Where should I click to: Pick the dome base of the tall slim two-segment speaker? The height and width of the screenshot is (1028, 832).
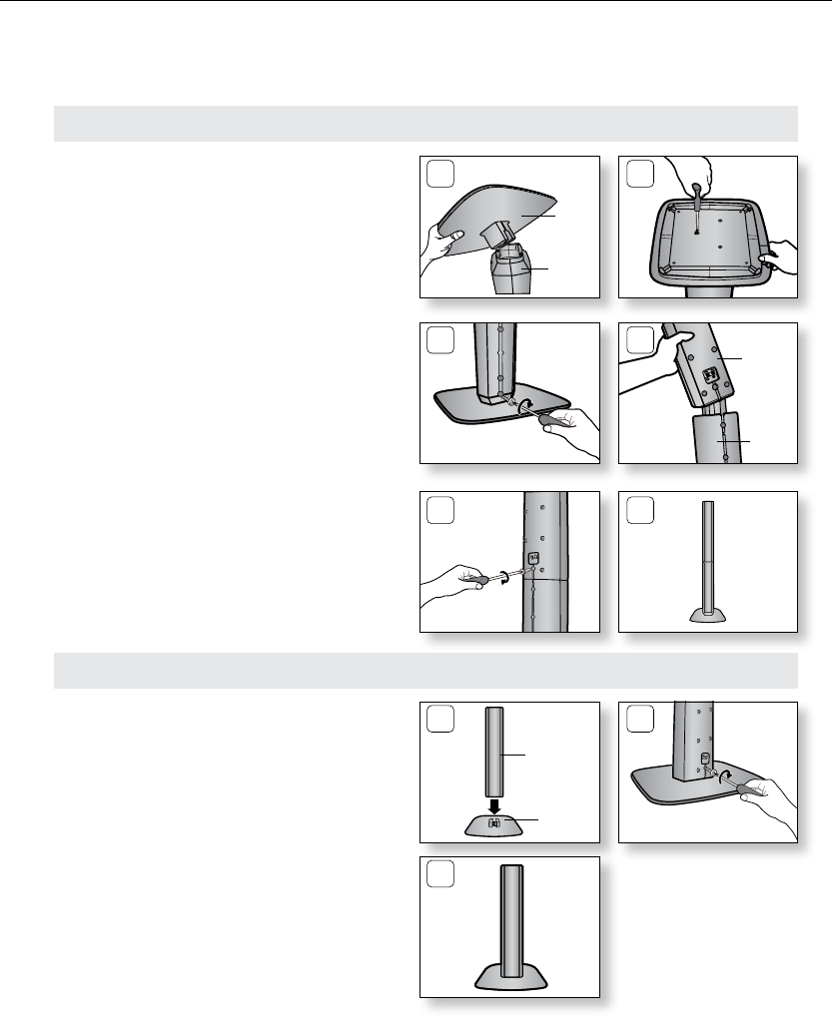pyautogui.click(x=708, y=614)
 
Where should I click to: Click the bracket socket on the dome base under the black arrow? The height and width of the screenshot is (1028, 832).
pyautogui.click(x=492, y=823)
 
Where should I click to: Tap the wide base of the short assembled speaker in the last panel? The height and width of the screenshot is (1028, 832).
pyautogui.click(x=508, y=972)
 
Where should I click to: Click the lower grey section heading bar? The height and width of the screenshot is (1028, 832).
pyautogui.click(x=424, y=671)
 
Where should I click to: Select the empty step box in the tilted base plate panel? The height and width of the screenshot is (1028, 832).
pyautogui.click(x=437, y=174)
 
